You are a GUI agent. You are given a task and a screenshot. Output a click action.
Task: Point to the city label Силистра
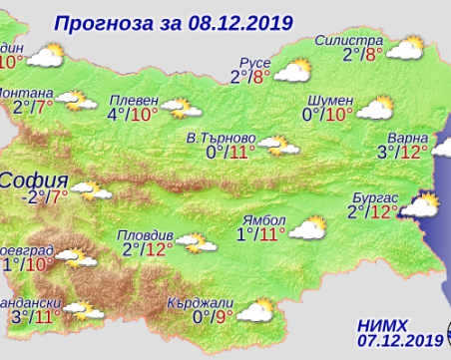click(x=349, y=39)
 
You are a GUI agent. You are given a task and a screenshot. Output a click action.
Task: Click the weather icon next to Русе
click(x=293, y=70)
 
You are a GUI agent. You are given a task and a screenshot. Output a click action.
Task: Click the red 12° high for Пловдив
click(x=159, y=250)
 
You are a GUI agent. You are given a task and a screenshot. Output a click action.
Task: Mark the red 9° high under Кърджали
click(x=224, y=318)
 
